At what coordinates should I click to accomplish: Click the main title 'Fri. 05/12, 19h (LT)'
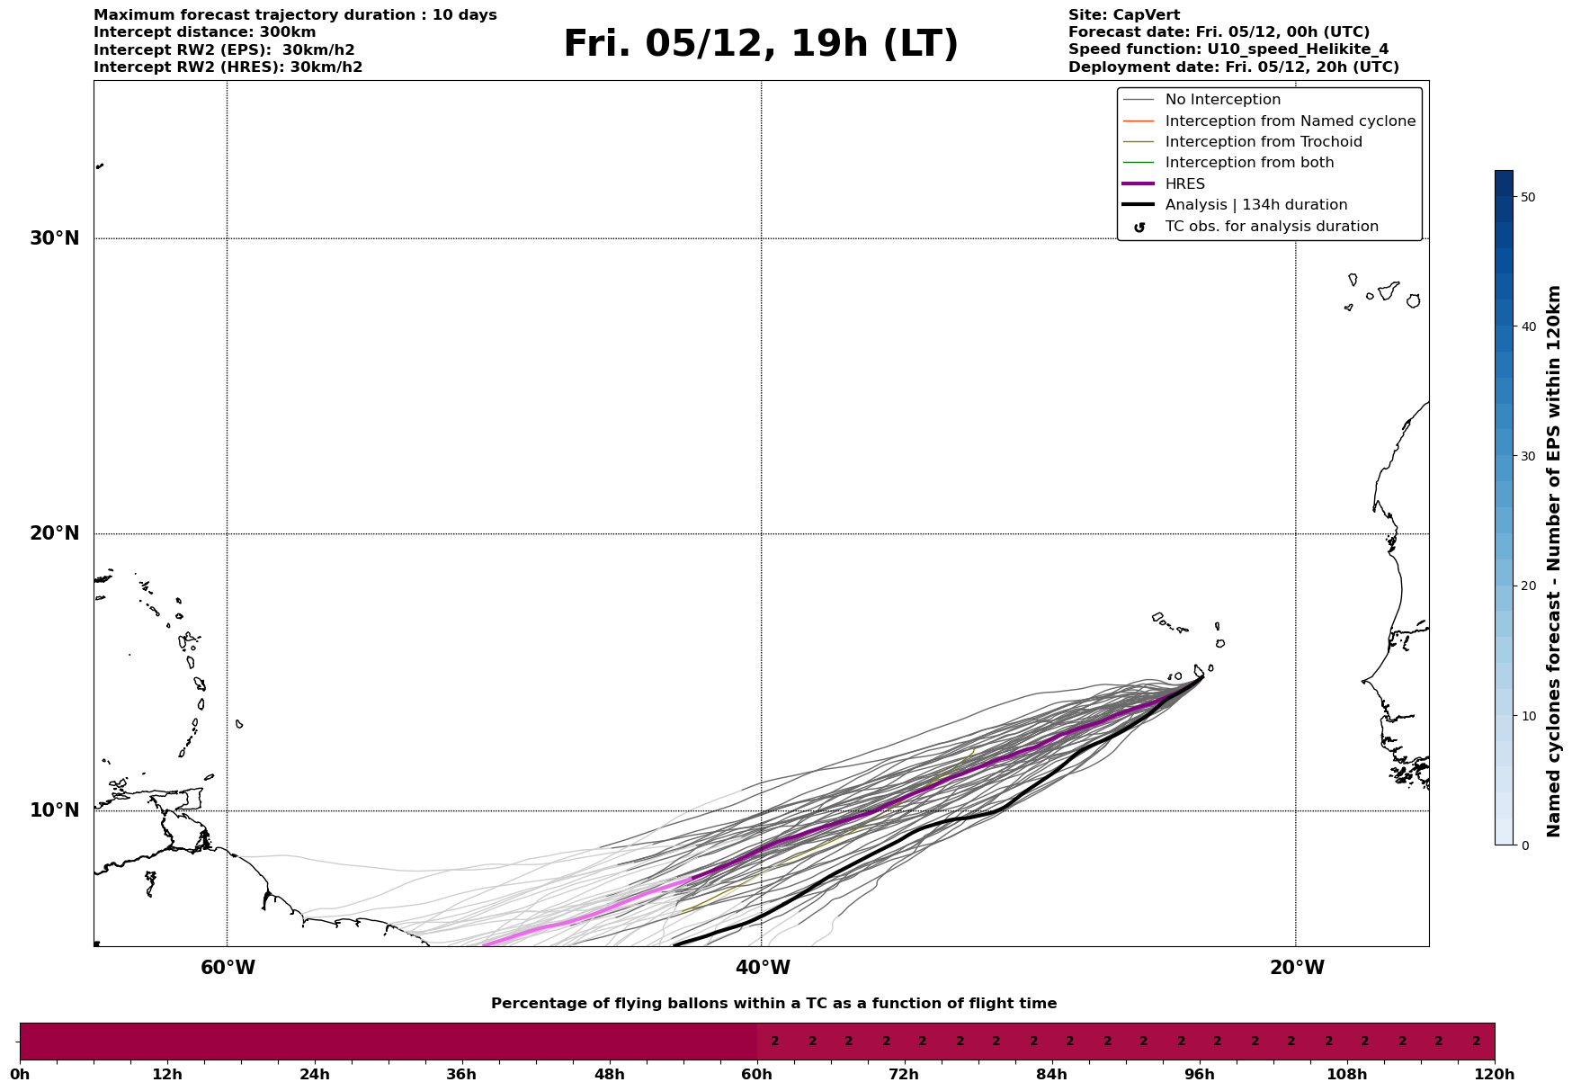pyautogui.click(x=761, y=44)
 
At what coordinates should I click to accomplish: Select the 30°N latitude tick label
pyautogui.click(x=55, y=238)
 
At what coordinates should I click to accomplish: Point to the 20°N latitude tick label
pyautogui.click(x=55, y=533)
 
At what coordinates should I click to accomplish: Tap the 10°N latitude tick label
pyautogui.click(x=55, y=810)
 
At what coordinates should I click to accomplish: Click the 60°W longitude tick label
pyautogui.click(x=228, y=968)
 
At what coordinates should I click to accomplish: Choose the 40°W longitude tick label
pyautogui.click(x=763, y=968)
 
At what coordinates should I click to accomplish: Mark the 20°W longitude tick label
pyautogui.click(x=1297, y=968)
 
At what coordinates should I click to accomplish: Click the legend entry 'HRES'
pyautogui.click(x=1184, y=184)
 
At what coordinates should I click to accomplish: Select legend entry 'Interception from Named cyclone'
pyautogui.click(x=1290, y=121)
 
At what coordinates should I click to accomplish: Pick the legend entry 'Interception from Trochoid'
pyautogui.click(x=1263, y=142)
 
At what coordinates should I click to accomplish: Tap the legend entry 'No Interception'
pyautogui.click(x=1222, y=100)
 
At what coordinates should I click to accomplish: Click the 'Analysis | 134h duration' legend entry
pyautogui.click(x=1255, y=205)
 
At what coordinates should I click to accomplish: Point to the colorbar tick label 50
pyautogui.click(x=1527, y=197)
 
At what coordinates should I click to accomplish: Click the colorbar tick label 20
pyautogui.click(x=1527, y=586)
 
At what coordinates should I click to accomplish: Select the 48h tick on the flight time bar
pyautogui.click(x=609, y=1074)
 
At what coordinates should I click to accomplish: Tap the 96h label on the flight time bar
pyautogui.click(x=1199, y=1074)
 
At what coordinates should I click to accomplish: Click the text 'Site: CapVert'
pyautogui.click(x=1123, y=15)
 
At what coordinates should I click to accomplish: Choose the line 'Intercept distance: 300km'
pyautogui.click(x=204, y=32)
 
